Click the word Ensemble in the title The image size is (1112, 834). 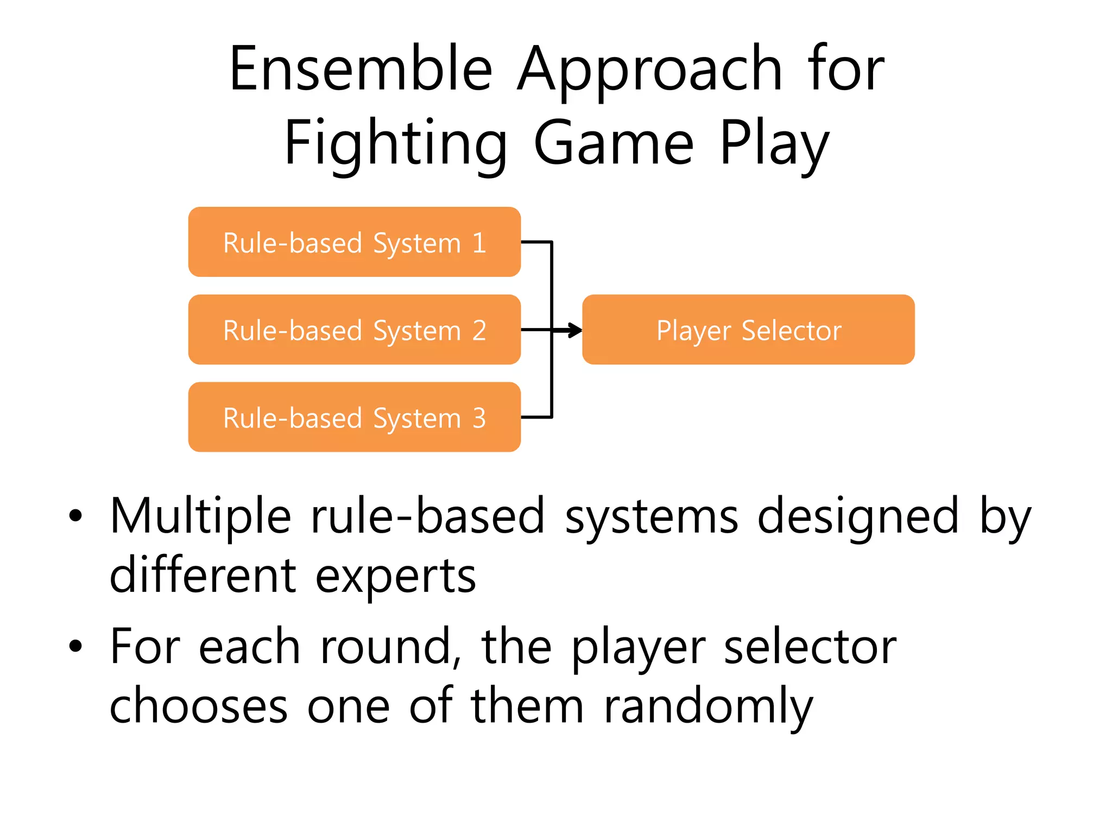(x=361, y=69)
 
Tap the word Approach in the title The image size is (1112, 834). (x=649, y=69)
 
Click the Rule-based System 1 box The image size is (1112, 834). (x=354, y=242)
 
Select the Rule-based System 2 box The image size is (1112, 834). (x=354, y=330)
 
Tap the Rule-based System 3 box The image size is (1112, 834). (x=354, y=417)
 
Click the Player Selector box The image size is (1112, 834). (x=748, y=330)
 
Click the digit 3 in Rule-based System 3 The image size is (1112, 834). (x=479, y=418)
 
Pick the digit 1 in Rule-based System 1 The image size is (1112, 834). (x=479, y=243)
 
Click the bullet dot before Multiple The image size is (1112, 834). (x=75, y=516)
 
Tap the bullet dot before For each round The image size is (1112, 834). (x=75, y=646)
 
